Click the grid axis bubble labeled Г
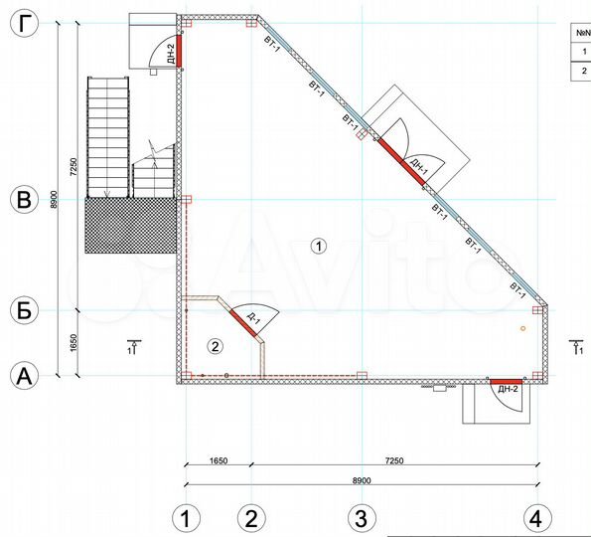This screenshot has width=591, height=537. click(x=24, y=24)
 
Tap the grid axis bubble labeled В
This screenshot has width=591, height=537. click(x=24, y=200)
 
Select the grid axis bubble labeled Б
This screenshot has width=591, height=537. click(x=24, y=310)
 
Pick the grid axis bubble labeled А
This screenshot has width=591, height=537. click(x=24, y=376)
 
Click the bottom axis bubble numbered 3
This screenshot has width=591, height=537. click(x=362, y=518)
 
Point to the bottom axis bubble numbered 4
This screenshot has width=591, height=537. click(x=537, y=518)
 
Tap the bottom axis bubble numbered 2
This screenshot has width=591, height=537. click(x=251, y=518)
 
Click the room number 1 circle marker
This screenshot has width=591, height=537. click(x=319, y=246)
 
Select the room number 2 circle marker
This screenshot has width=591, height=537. click(x=216, y=346)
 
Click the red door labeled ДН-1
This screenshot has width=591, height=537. click(x=401, y=162)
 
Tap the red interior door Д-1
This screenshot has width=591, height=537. click(x=243, y=322)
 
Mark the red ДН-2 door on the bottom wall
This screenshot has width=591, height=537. click(x=507, y=382)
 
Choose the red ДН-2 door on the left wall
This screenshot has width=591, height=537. click(x=180, y=51)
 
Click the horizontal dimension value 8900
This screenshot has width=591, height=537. click(x=362, y=480)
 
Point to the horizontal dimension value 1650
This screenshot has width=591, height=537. click(x=219, y=460)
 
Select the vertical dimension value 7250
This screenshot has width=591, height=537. click(x=74, y=166)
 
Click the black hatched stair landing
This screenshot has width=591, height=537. click(x=130, y=226)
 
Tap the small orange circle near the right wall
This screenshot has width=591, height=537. click(x=523, y=329)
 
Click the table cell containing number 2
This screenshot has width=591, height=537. click(x=581, y=71)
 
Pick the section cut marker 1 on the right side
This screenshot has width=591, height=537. click(x=577, y=347)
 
